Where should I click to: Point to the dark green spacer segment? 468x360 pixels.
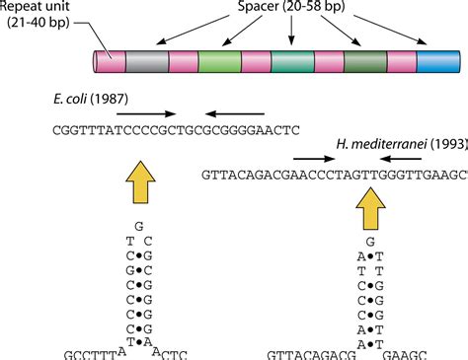(x=359, y=62)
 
